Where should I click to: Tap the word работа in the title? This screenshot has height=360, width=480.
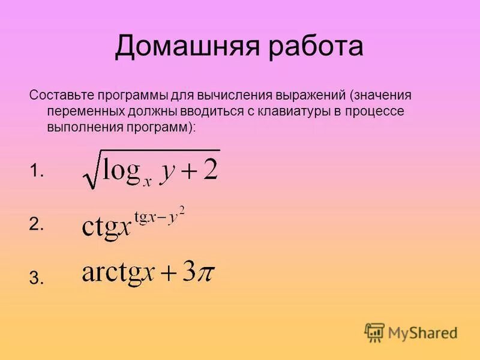pos(317,47)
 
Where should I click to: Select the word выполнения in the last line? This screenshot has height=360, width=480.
pos(83,127)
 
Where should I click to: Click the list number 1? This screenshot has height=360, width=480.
pos(37,172)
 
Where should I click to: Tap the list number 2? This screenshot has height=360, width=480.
pos(37,224)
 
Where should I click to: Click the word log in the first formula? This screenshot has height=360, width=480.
pos(122,170)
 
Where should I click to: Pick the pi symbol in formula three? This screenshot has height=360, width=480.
pos(205,275)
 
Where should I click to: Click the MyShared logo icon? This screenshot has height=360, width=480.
pos(374,331)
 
